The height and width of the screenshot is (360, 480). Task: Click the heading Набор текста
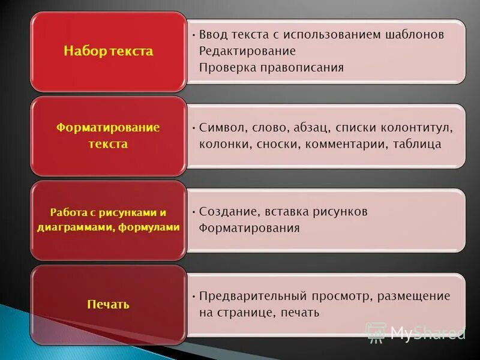tap(108, 51)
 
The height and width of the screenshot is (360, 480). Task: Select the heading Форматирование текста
tap(108, 136)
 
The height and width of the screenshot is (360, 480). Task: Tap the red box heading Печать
tap(108, 305)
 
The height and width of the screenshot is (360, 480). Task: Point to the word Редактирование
tap(247, 51)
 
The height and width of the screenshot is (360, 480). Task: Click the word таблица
tap(418, 144)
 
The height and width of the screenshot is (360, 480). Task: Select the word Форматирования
tap(249, 228)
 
